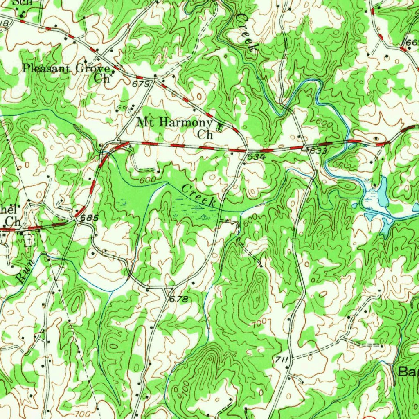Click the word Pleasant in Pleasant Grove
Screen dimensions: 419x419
[x=46, y=68]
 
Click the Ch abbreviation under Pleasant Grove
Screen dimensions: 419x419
[x=102, y=78]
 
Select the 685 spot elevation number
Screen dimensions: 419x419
[x=90, y=218]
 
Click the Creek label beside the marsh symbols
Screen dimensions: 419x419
[x=199, y=195]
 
